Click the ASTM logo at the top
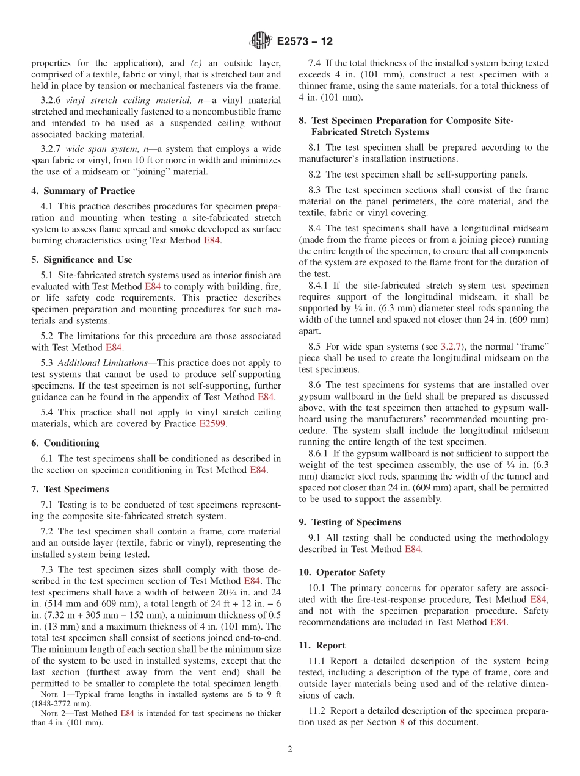click(261, 41)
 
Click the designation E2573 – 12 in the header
click(305, 42)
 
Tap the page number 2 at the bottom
click(290, 749)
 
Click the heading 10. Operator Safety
click(342, 572)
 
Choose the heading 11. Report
click(322, 645)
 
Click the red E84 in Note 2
click(127, 713)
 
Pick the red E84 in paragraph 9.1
click(413, 549)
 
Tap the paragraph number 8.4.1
click(319, 286)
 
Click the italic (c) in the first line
click(197, 63)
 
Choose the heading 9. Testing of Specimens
click(350, 522)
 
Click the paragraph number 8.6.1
click(319, 453)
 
